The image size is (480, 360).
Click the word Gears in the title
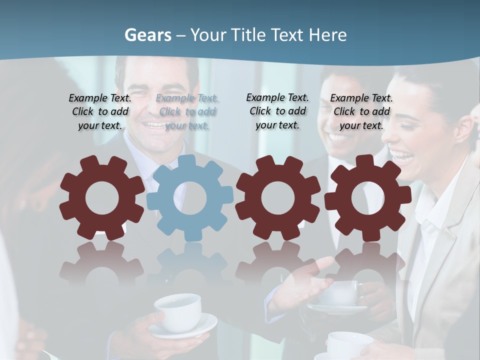point(147,35)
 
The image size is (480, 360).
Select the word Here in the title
point(327,35)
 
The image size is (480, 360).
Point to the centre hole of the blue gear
point(190,198)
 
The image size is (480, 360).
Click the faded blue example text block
point(187,112)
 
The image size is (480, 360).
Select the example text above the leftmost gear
point(100,112)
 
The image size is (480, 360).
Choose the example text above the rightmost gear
point(361,112)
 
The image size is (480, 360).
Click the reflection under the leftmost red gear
point(102,265)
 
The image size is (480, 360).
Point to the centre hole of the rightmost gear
point(368,198)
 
